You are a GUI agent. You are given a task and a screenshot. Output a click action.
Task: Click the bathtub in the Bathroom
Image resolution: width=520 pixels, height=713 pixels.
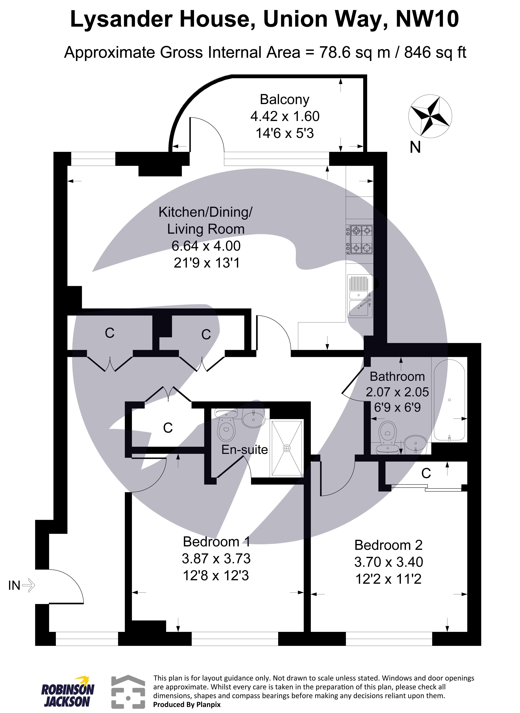[x=449, y=400]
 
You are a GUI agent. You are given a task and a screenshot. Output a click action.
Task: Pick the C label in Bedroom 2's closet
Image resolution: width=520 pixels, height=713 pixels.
[x=426, y=473]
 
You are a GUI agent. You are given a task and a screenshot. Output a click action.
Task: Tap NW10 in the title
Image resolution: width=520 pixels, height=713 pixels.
[x=427, y=20]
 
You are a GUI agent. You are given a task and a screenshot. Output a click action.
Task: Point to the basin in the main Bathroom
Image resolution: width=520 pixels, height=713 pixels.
[x=415, y=443]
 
